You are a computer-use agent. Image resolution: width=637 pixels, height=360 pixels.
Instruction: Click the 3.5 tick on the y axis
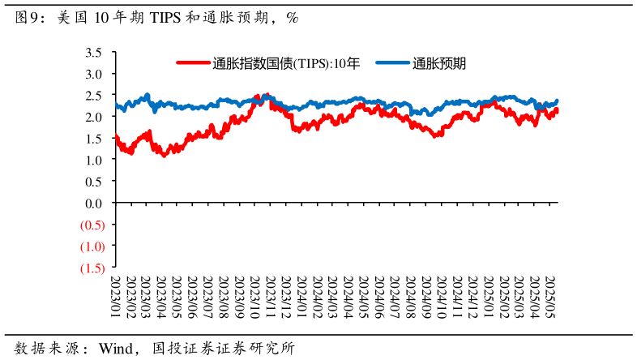point(94,53)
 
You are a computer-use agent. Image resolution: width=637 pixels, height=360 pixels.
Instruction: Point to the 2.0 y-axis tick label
point(94,117)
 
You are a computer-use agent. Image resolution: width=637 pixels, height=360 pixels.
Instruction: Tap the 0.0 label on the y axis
point(94,203)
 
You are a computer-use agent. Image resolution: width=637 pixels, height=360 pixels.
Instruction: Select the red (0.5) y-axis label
point(92,225)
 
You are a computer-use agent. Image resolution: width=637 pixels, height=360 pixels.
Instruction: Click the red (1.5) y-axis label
point(92,268)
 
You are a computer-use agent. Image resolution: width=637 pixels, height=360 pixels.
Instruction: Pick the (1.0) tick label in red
point(92,246)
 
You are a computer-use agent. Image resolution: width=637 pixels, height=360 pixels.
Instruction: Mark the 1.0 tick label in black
point(94,160)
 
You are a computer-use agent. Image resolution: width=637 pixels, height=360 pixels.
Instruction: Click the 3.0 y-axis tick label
point(94,74)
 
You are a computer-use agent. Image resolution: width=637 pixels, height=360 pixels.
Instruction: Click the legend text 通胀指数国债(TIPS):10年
point(285,63)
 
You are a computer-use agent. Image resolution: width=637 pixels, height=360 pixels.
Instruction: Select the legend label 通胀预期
point(438,63)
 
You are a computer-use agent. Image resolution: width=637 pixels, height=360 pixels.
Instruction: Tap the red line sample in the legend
point(193,63)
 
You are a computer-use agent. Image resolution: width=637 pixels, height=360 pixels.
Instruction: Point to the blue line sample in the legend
point(393,63)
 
